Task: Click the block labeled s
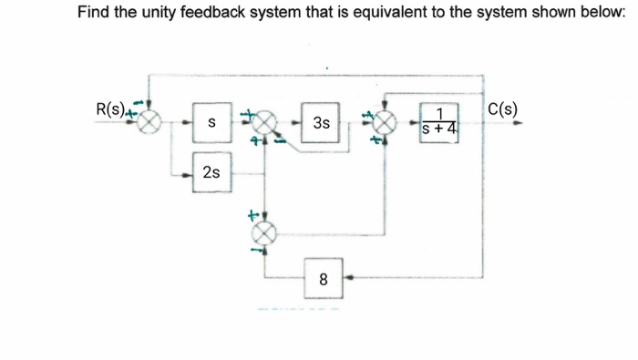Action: (x=211, y=122)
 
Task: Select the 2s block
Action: (x=211, y=172)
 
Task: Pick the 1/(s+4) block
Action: (x=440, y=122)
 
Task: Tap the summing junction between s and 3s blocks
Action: (x=265, y=122)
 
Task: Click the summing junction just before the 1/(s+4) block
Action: (x=386, y=122)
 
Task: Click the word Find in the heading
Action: (x=93, y=14)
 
